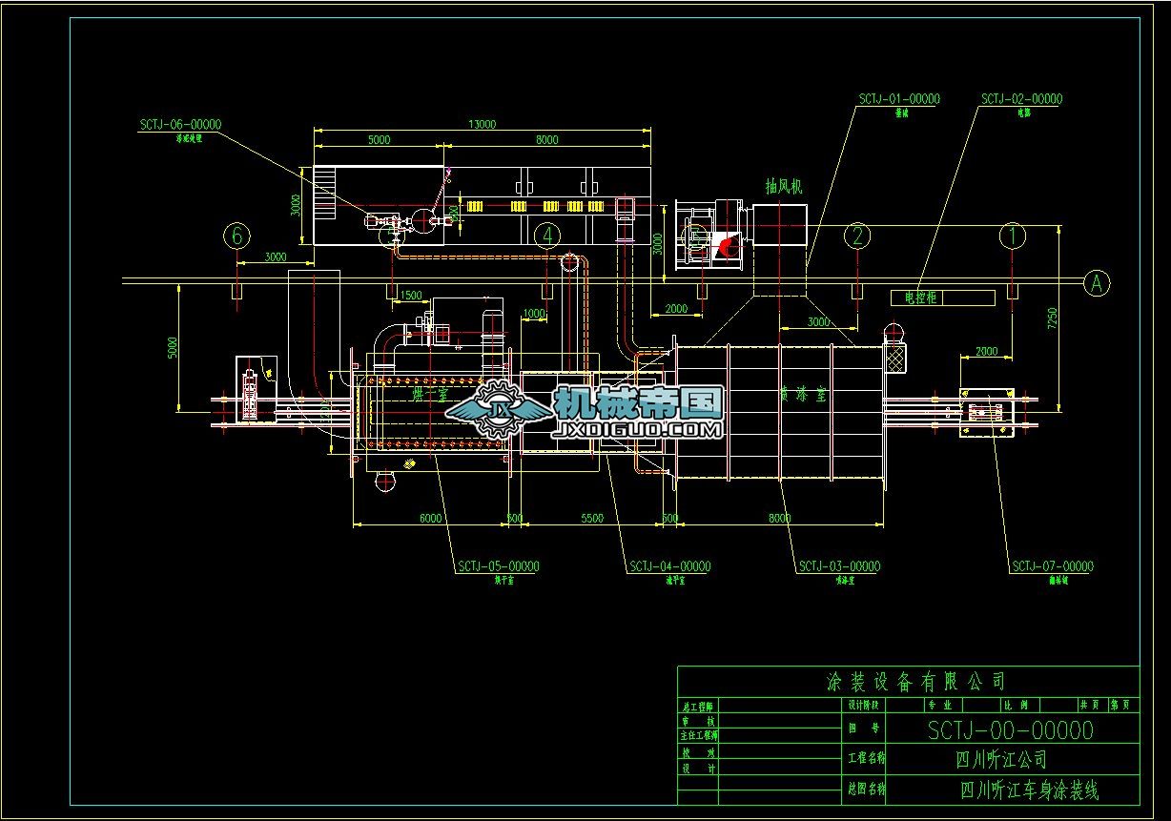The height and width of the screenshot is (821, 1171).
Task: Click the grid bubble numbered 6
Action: (x=237, y=235)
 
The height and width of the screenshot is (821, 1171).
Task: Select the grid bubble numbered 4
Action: (x=546, y=235)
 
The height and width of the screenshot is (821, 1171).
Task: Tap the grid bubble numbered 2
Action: (x=857, y=235)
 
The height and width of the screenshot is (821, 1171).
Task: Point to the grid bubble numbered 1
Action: (x=1012, y=235)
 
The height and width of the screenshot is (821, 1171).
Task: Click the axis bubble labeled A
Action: (x=1097, y=282)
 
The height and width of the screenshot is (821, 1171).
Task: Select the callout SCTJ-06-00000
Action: (x=180, y=124)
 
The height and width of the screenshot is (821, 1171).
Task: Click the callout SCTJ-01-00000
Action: (x=898, y=99)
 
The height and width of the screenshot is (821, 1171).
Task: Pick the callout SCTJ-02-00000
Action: (x=1021, y=99)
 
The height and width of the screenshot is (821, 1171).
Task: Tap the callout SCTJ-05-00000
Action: (x=498, y=566)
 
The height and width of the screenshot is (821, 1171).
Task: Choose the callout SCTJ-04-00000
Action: (x=669, y=566)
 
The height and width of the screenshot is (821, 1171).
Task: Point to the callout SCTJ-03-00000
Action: (x=839, y=566)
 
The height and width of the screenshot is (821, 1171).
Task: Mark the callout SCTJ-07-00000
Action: (x=1053, y=566)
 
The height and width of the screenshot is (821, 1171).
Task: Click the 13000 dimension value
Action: (x=482, y=124)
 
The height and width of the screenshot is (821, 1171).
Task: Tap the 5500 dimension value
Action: (x=591, y=518)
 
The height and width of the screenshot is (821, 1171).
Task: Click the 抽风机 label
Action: (x=783, y=187)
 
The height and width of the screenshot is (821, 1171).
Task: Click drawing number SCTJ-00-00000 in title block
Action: (x=1011, y=731)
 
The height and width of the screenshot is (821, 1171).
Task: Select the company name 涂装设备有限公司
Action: (x=914, y=682)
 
